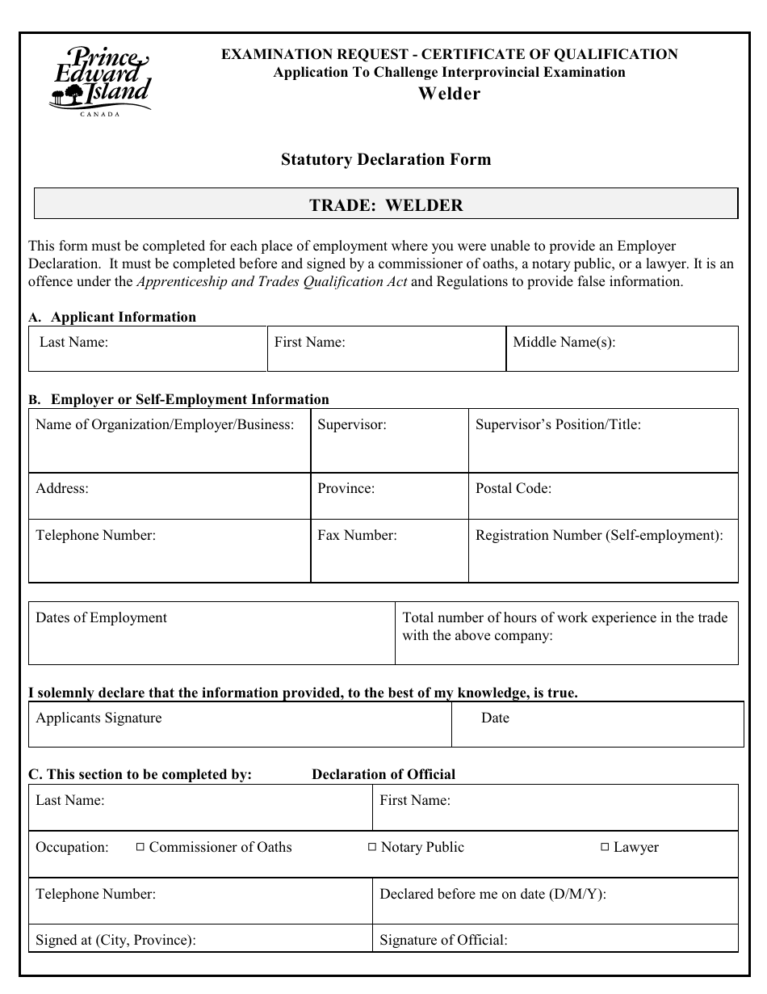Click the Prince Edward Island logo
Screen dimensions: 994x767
(99, 82)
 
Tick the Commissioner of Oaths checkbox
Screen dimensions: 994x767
(140, 847)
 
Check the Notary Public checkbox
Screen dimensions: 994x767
(371, 847)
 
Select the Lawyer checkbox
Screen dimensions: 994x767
(604, 847)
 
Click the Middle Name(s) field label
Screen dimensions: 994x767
(564, 342)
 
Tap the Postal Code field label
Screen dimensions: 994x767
(513, 489)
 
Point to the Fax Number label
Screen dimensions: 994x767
(357, 535)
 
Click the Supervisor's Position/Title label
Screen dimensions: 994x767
(558, 424)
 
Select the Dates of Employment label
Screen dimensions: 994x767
(101, 618)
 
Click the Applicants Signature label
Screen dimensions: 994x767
(98, 718)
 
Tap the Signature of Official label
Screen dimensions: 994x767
(443, 940)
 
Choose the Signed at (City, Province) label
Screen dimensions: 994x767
(115, 940)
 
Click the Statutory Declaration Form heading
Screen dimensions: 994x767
(385, 159)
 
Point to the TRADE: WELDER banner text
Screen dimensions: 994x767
(386, 205)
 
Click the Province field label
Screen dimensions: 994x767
(346, 489)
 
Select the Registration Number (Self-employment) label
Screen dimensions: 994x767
(599, 535)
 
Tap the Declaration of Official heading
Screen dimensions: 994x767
(383, 774)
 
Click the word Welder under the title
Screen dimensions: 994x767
(449, 94)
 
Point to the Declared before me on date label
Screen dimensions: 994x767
(492, 894)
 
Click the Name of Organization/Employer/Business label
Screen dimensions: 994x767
(165, 424)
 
